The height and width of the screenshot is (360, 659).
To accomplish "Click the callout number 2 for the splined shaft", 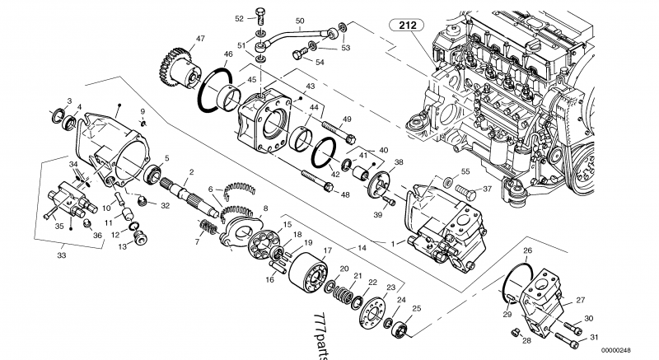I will [x=190, y=171].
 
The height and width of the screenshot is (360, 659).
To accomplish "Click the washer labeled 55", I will [x=447, y=180].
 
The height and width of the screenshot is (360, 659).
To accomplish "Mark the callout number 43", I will [x=311, y=86].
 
